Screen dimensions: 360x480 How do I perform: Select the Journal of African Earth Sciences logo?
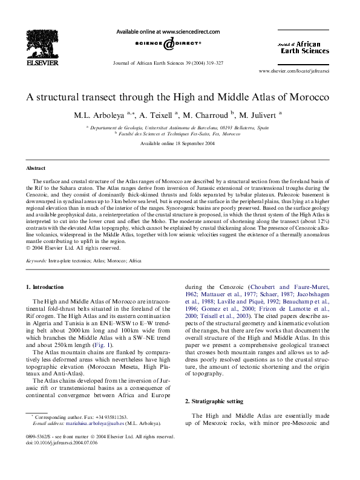303,47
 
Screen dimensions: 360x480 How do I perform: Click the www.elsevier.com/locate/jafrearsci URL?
293,71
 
